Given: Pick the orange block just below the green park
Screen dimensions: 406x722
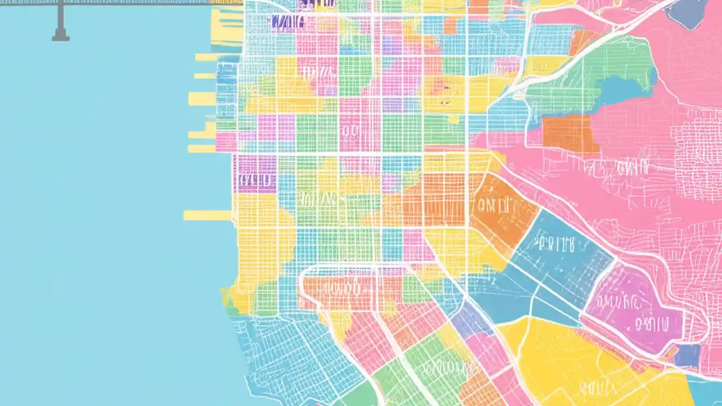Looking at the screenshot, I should [570, 133].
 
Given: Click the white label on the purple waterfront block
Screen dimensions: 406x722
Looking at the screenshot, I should [255, 180].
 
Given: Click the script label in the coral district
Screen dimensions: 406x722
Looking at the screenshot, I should [338, 290].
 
